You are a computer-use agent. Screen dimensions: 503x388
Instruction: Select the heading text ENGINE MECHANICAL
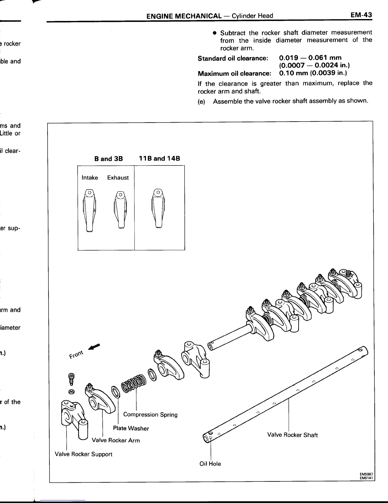184,16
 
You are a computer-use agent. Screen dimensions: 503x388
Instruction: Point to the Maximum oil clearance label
234,73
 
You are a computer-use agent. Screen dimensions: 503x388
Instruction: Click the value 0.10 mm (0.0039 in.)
313,73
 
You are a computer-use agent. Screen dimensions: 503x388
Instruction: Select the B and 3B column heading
108,158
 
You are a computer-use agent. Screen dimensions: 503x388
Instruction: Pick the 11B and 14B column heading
159,158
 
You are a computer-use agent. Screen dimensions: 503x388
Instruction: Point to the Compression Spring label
150,414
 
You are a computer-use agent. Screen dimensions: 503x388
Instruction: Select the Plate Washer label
131,428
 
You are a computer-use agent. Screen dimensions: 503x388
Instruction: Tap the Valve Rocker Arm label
116,440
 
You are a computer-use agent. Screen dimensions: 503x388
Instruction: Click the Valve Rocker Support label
83,454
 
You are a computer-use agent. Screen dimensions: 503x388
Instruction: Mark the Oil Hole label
210,464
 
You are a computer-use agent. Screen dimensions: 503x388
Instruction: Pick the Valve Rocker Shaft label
292,435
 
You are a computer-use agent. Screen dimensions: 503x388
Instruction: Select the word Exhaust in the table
118,178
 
